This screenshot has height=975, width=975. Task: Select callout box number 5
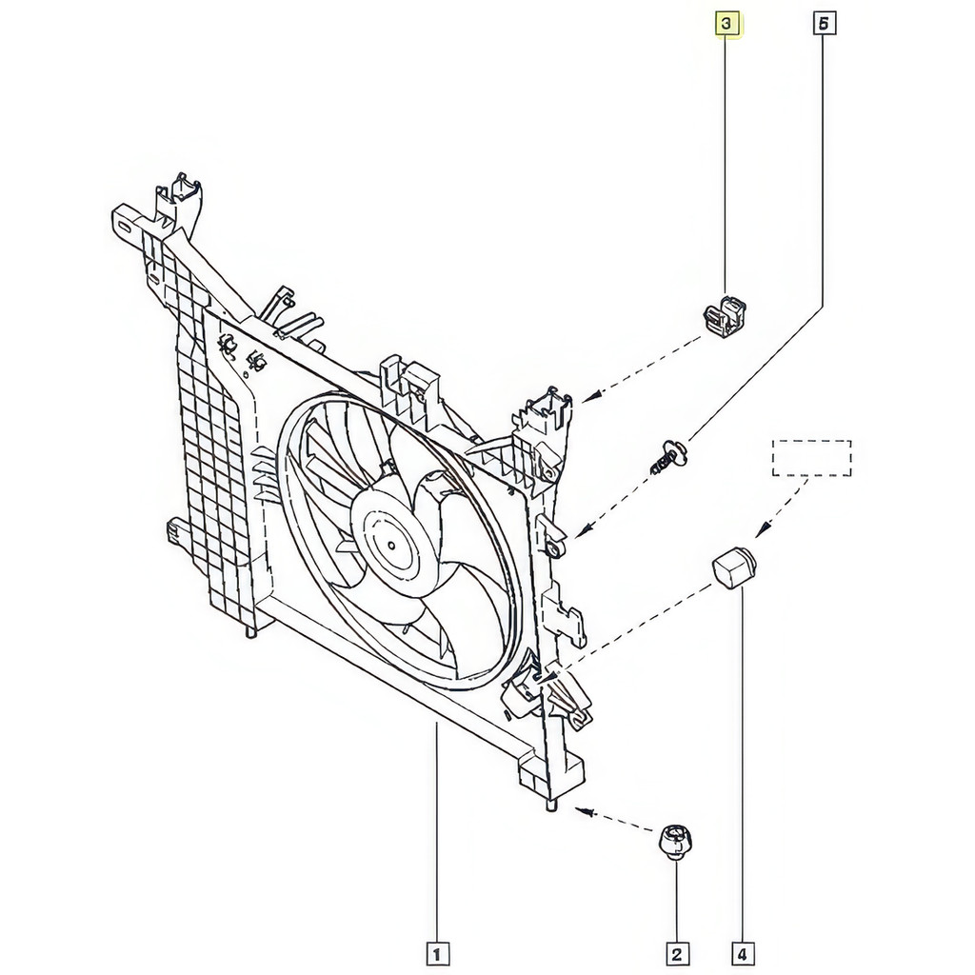pos(824,24)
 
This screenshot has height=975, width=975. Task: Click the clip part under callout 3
pos(725,316)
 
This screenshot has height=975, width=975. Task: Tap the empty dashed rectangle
pos(811,458)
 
